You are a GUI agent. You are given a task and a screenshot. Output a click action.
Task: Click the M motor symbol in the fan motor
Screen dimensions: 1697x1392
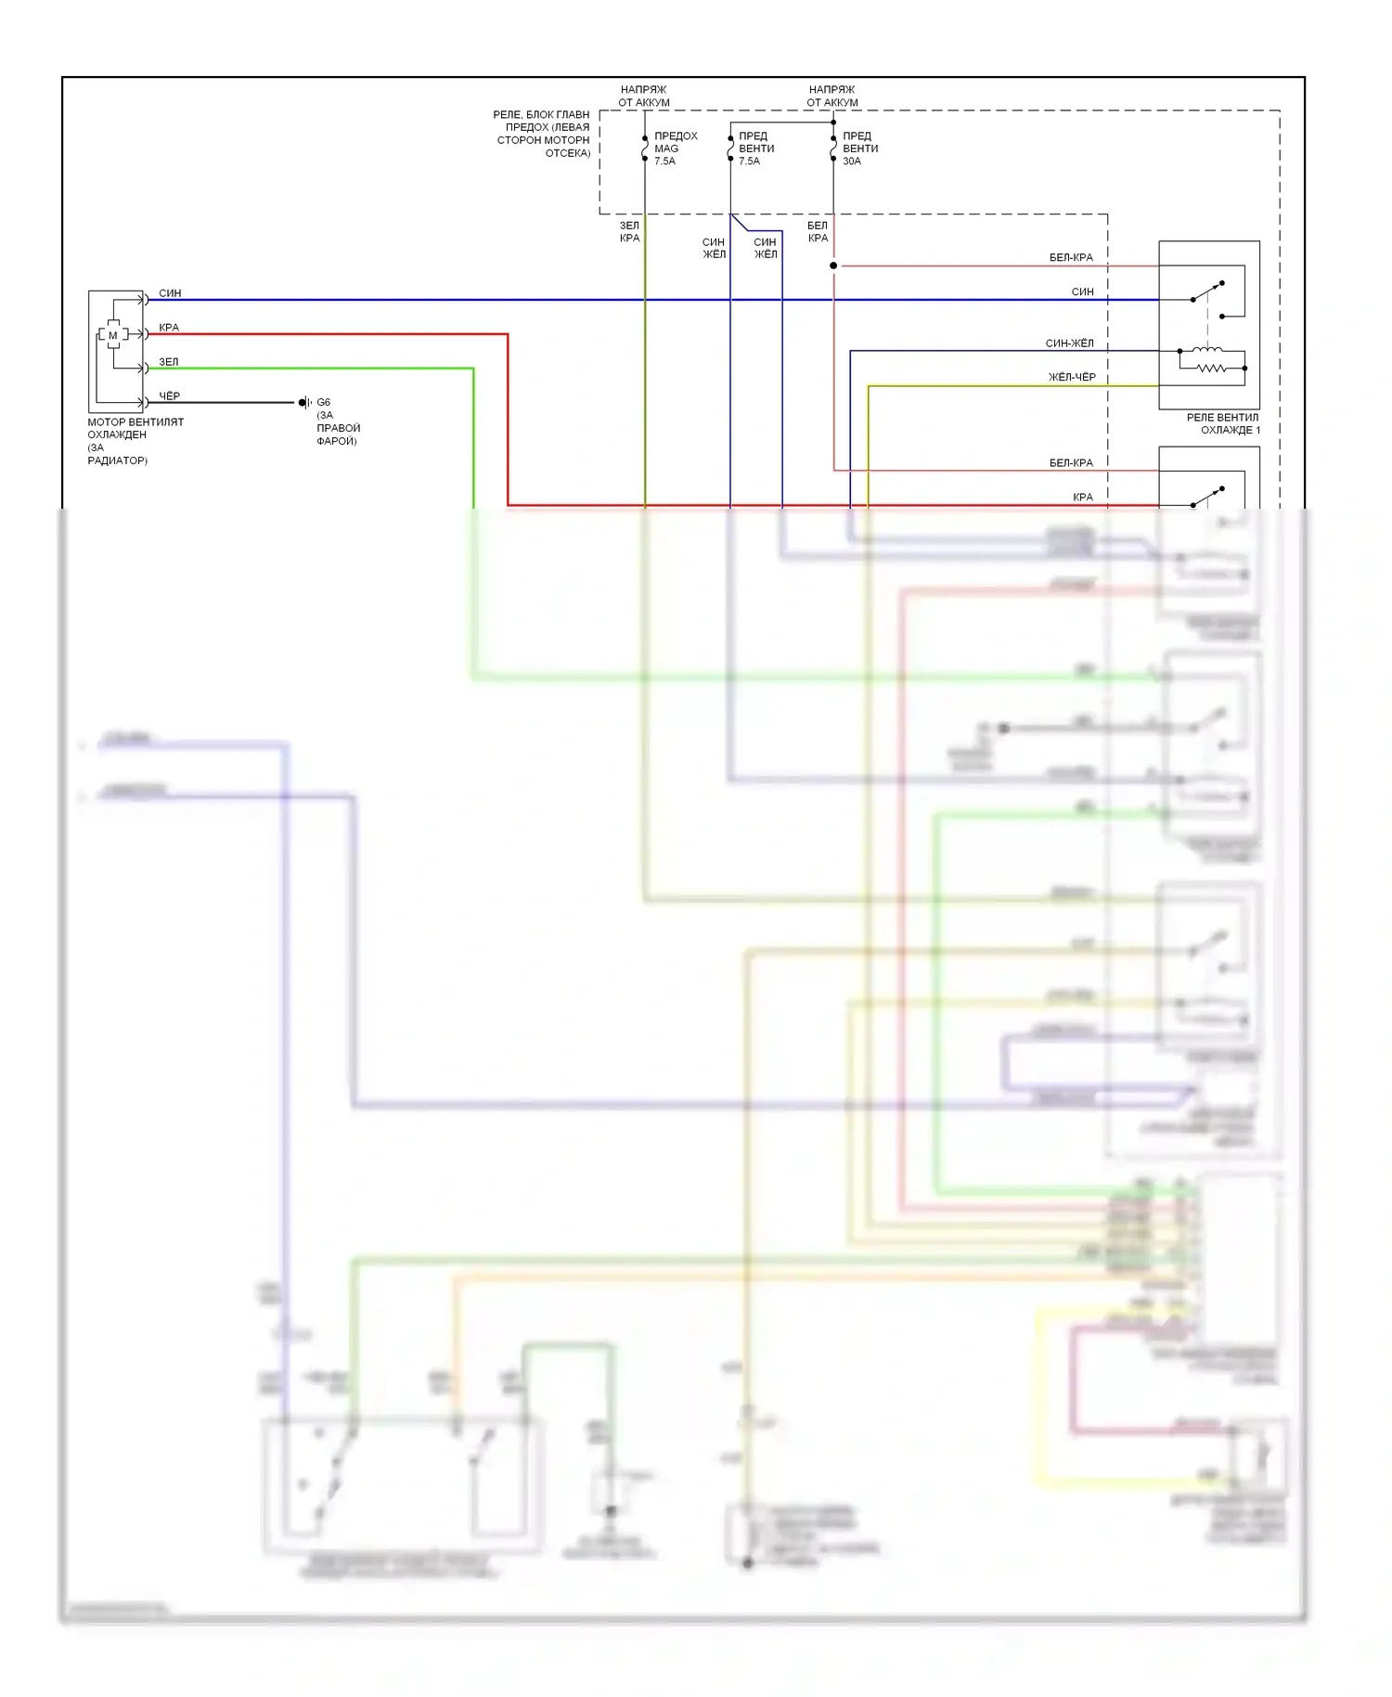coord(113,335)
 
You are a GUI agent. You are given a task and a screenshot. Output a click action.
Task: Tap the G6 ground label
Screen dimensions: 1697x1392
coord(323,403)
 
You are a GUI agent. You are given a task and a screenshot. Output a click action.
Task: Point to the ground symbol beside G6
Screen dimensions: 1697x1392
coord(304,403)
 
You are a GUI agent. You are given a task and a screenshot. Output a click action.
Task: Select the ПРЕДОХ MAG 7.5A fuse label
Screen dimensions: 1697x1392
coord(675,149)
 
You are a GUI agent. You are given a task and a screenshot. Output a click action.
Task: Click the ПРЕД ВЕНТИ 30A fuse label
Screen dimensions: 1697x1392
coord(859,149)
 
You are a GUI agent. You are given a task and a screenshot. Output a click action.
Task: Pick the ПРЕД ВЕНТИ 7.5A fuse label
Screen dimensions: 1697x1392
coord(755,149)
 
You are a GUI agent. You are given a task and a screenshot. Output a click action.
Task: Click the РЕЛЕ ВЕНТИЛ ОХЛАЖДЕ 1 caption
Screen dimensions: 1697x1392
coord(1222,424)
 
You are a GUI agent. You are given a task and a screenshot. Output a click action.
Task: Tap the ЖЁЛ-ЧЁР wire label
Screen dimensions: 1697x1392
coord(1072,378)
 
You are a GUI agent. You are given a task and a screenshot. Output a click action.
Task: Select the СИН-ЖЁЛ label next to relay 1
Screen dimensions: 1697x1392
coord(1069,343)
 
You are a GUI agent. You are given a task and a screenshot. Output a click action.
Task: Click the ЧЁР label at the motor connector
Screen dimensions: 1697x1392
coord(170,396)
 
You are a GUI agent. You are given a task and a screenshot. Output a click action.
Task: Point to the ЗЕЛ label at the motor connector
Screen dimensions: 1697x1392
coord(168,362)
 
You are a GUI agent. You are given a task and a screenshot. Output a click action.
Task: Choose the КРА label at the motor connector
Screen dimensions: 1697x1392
coord(169,328)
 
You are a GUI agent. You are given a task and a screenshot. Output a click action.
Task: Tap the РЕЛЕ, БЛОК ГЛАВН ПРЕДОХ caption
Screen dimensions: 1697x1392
coord(542,134)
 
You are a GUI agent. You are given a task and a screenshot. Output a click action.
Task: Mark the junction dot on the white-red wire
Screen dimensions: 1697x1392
coord(833,266)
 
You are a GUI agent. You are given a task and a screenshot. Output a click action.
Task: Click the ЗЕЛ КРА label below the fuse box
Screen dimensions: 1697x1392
coord(629,232)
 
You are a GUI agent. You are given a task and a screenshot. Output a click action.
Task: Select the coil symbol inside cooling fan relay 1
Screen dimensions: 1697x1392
coord(1207,350)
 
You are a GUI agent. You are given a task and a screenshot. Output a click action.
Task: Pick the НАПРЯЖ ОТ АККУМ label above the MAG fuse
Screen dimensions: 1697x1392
coord(644,96)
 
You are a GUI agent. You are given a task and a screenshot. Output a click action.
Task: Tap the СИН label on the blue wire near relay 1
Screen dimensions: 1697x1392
coord(1082,291)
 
